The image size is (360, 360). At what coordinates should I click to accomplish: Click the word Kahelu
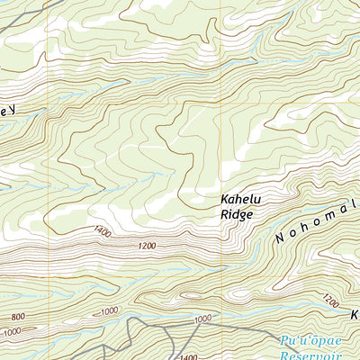tap(238, 201)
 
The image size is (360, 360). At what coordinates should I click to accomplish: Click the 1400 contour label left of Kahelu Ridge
tap(101, 233)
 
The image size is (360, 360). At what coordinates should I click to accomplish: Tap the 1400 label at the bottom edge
tap(189, 356)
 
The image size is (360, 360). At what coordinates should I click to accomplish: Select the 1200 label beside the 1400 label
tap(147, 246)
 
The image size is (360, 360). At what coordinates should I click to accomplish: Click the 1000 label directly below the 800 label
tap(11, 332)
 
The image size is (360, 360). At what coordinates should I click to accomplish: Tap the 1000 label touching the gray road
tap(201, 319)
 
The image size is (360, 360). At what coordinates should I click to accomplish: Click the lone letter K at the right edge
tap(355, 317)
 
